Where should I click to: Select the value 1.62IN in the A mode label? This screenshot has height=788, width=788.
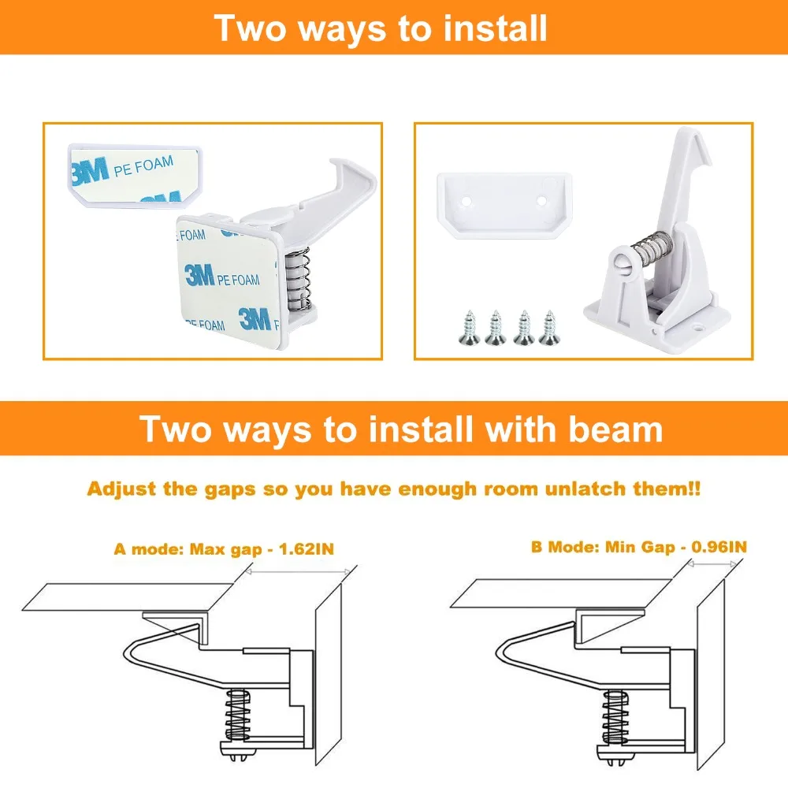tap(306, 548)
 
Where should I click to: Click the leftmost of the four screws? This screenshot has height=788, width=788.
tap(470, 328)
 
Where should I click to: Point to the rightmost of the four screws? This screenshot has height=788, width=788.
tap(548, 328)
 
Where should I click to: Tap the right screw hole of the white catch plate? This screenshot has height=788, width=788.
tap(541, 201)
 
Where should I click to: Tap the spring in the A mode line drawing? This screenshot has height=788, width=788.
tap(237, 714)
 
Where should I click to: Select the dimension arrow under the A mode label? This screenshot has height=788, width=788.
tap(298, 571)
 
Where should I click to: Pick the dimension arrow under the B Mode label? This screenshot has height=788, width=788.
tap(712, 564)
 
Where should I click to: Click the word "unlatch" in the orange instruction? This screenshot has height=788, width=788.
tap(585, 489)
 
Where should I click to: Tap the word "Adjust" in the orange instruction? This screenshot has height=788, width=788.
tap(122, 489)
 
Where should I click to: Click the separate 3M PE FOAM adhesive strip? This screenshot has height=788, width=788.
tap(135, 175)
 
